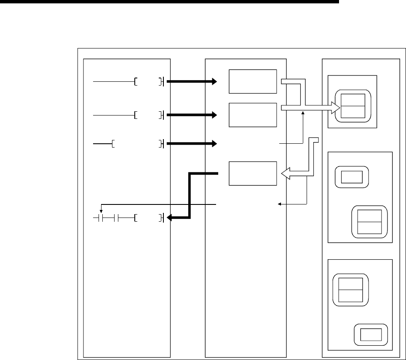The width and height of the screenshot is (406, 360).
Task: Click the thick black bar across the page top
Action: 168,2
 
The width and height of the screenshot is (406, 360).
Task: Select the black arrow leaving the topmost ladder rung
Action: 192,82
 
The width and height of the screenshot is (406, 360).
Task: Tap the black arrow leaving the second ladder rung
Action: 192,114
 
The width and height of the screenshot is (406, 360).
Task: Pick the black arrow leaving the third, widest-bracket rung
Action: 192,144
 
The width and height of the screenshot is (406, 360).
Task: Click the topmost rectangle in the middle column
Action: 252,81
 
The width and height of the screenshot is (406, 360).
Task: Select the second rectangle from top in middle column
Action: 252,114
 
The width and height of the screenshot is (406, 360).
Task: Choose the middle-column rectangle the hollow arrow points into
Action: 252,173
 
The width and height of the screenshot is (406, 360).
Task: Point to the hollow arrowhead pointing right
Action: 335,108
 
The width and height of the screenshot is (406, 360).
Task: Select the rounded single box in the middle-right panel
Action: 351,177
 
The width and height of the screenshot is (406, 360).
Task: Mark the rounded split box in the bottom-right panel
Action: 350,289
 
